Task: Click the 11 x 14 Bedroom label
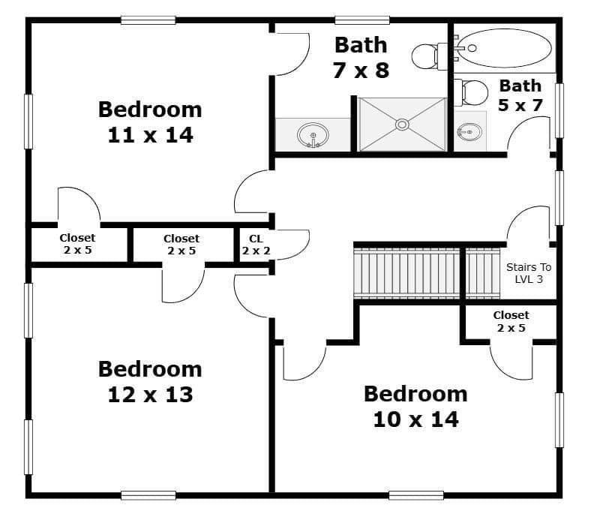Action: tap(150, 122)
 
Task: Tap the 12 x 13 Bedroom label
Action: tap(150, 381)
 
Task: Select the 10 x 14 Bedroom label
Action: tap(415, 407)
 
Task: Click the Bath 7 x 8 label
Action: tap(361, 58)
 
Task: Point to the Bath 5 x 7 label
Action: tap(520, 95)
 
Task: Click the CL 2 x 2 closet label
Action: tap(256, 245)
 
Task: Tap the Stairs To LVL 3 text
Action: tap(529, 273)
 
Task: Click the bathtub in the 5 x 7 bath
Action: tap(505, 48)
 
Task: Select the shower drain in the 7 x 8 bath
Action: tap(402, 125)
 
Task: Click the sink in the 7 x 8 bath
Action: tap(313, 135)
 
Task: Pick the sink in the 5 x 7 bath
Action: tap(469, 132)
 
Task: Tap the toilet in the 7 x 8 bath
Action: tap(430, 56)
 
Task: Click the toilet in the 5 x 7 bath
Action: tap(472, 92)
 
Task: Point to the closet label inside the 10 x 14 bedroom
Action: tap(511, 321)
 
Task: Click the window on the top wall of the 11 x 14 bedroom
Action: tap(148, 20)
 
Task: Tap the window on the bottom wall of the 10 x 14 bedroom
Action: tap(416, 495)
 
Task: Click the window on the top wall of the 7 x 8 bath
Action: tap(362, 20)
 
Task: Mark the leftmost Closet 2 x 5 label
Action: tap(78, 244)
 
